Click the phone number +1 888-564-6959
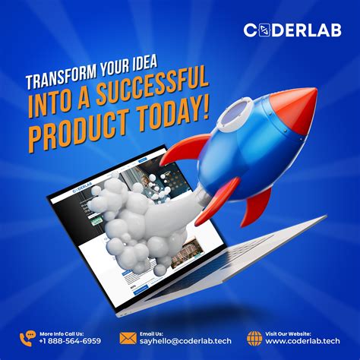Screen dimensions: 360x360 (71, 341)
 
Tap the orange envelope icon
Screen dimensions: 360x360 (128, 337)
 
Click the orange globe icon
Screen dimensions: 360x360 (255, 337)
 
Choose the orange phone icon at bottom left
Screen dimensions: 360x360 (27, 337)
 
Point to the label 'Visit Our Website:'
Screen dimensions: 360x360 (289, 332)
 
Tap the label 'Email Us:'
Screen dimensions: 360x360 (152, 332)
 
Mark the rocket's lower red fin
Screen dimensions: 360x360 (258, 205)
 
